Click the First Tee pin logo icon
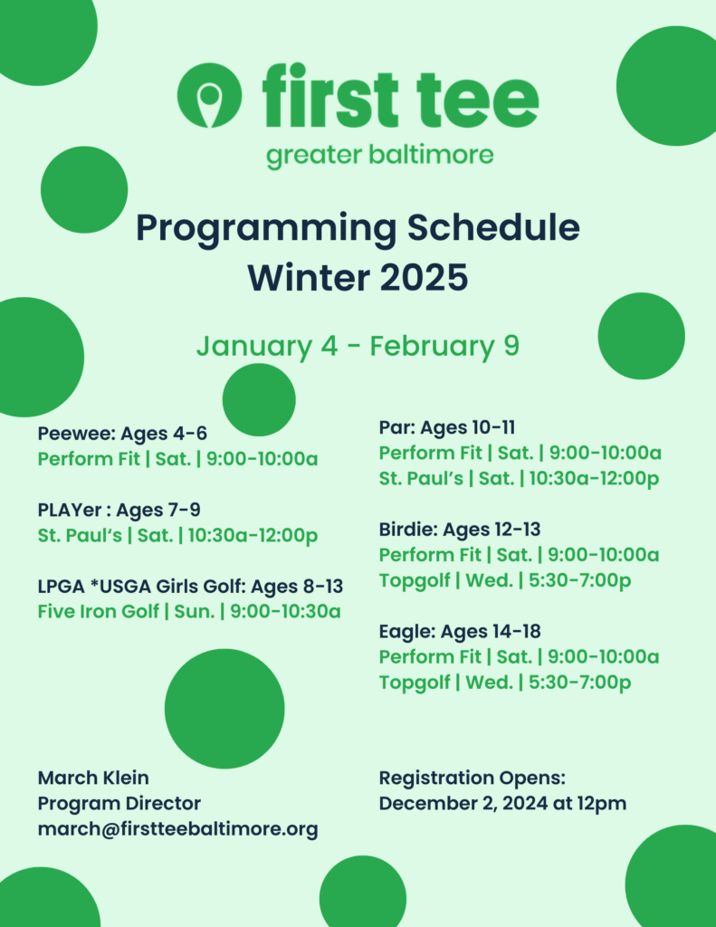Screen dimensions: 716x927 tap(209, 95)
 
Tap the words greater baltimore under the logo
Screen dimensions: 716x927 tap(379, 156)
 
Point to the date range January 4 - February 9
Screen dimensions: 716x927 tap(358, 347)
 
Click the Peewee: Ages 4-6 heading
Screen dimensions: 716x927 tap(122, 434)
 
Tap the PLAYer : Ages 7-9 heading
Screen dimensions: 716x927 tap(119, 510)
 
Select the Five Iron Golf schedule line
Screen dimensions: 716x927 tap(189, 611)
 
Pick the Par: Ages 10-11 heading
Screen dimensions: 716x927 tap(447, 427)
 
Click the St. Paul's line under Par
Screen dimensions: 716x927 tap(519, 478)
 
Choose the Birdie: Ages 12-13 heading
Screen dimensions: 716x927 tap(460, 529)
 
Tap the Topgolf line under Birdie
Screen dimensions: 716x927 tap(505, 580)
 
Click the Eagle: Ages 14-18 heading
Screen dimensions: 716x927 tap(460, 631)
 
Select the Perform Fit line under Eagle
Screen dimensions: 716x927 tap(519, 657)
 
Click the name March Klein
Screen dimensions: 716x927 tap(93, 778)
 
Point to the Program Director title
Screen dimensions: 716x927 tap(119, 804)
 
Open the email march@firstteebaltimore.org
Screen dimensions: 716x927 tap(178, 829)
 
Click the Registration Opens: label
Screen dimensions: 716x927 tap(473, 778)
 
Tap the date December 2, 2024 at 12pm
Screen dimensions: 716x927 tap(502, 804)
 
